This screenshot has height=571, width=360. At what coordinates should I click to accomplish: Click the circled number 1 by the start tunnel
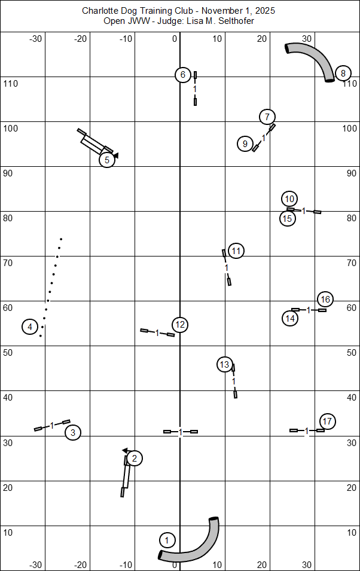click(167, 541)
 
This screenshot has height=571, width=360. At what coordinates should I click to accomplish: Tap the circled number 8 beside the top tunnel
click(343, 74)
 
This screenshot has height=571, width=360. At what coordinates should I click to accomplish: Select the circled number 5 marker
click(106, 160)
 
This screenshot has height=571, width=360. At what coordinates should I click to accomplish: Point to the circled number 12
click(180, 325)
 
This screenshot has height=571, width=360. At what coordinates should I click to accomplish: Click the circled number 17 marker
click(327, 421)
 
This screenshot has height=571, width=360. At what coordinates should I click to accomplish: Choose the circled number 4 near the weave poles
click(30, 326)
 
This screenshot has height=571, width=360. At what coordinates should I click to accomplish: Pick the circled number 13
click(224, 364)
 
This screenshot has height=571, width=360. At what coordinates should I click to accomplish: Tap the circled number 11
click(236, 251)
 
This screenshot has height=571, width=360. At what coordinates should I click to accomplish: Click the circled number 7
click(267, 117)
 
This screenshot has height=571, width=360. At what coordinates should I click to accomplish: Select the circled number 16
click(325, 299)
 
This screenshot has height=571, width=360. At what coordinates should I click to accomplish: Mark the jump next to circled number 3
click(52, 425)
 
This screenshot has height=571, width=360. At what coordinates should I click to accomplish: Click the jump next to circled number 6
click(195, 88)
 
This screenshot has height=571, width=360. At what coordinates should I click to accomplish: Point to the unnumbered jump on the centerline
click(181, 431)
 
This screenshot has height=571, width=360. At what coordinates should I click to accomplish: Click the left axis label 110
click(11, 83)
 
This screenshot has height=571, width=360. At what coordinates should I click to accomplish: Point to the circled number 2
click(135, 459)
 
